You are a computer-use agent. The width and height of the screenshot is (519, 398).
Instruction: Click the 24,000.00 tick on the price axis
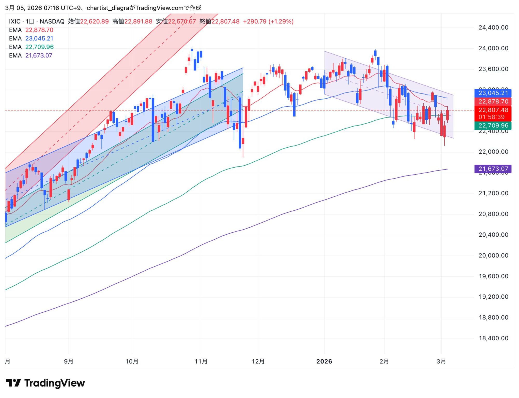493,48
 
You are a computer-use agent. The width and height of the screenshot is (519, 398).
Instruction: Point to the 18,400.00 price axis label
493,338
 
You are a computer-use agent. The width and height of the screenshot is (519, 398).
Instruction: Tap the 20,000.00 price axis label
493,255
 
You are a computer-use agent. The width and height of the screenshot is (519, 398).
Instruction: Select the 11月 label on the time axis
201,361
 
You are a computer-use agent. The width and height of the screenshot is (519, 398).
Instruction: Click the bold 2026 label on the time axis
324,361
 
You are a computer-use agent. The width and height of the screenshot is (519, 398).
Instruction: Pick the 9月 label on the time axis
69,361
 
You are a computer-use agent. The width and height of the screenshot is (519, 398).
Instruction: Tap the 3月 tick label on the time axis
441,361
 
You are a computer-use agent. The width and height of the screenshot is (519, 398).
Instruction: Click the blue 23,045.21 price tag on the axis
493,93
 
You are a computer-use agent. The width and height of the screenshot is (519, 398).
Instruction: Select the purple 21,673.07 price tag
493,169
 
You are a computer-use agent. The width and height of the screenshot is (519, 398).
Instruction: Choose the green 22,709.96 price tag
493,126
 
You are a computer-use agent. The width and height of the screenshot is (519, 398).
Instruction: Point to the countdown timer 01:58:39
493,117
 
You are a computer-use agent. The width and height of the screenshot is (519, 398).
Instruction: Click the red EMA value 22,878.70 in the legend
39,30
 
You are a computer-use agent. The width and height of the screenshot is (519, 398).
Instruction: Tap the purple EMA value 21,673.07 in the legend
39,56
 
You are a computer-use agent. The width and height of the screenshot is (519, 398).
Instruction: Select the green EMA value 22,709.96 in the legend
39,47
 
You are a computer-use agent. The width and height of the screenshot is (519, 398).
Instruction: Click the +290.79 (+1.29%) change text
268,22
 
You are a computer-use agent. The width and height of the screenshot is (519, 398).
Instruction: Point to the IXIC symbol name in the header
15,22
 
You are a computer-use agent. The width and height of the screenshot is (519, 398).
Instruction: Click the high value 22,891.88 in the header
138,22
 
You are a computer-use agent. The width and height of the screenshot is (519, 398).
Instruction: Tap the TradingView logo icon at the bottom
13,383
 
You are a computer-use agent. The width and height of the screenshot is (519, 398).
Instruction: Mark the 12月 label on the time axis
258,361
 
